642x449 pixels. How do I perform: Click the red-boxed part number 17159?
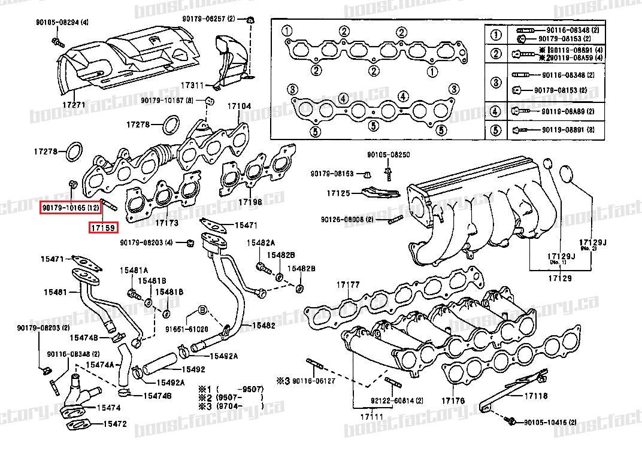(x=104, y=227)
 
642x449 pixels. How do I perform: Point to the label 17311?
(x=193, y=85)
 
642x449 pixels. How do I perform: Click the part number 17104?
(x=238, y=107)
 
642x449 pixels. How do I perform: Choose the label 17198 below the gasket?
(x=250, y=202)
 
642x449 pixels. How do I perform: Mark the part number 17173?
(x=167, y=223)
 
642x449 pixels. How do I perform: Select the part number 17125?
(x=338, y=193)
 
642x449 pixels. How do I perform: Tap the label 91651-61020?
(x=188, y=329)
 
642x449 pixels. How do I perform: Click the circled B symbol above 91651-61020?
(x=202, y=310)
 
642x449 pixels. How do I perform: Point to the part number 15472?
(x=114, y=423)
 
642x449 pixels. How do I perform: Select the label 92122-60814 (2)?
(x=388, y=401)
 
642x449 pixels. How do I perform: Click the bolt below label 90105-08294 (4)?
(x=57, y=41)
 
